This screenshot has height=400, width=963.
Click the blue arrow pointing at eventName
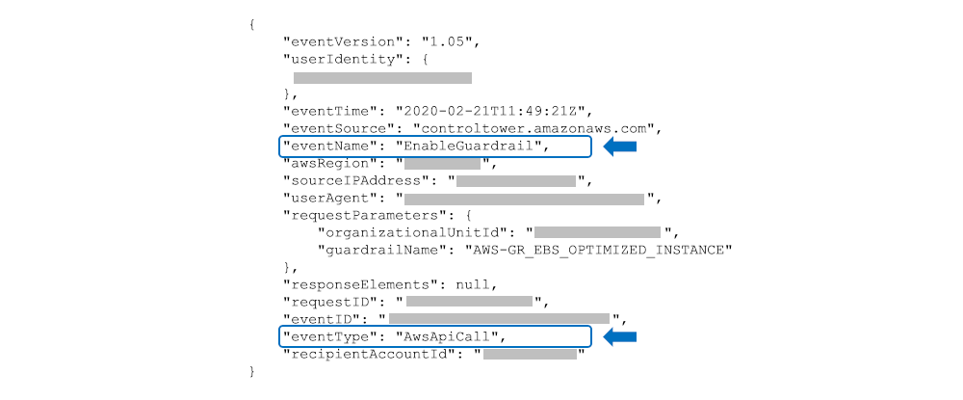(620, 147)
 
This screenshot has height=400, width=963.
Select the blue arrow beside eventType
(620, 336)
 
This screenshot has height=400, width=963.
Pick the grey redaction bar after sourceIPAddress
(515, 180)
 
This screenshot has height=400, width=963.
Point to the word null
(476, 284)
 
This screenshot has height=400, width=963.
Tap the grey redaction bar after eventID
(499, 318)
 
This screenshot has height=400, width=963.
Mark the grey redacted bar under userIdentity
(382, 77)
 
